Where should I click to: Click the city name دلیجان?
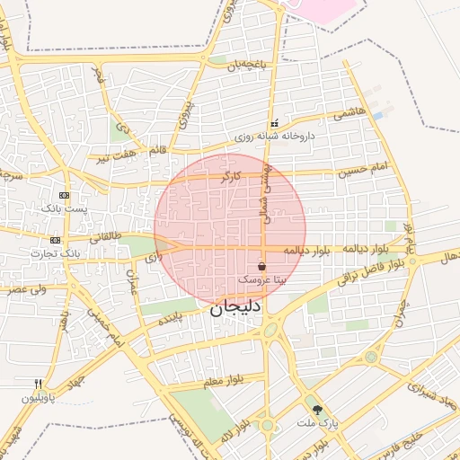pyautogui.click(x=235, y=309)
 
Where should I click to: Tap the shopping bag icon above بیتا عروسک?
pyautogui.click(x=261, y=267)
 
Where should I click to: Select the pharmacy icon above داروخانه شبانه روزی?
pyautogui.click(x=274, y=123)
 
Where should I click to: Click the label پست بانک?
pyautogui.click(x=64, y=208)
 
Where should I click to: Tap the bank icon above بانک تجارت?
pyautogui.click(x=56, y=240)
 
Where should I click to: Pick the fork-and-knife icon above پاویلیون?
pyautogui.click(x=38, y=383)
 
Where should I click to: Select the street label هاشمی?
pyautogui.click(x=349, y=114)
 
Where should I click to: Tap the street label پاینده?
pyautogui.click(x=171, y=319)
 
